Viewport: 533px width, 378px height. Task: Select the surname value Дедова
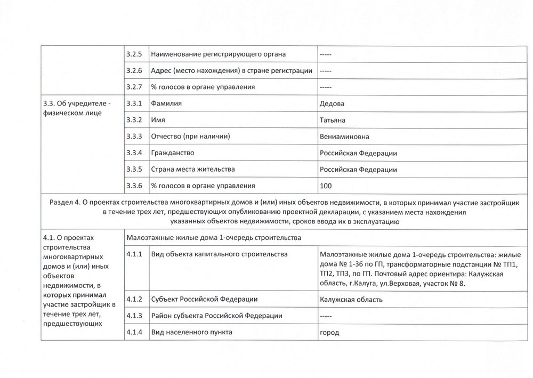point(332,103)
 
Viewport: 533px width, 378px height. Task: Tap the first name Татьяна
point(334,120)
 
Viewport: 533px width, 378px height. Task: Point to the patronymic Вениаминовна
point(344,137)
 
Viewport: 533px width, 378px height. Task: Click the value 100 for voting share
point(326,186)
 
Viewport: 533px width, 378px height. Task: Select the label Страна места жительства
point(193,170)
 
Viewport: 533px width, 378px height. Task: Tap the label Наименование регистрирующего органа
point(219,54)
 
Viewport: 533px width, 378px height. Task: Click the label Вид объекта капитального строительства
point(220,254)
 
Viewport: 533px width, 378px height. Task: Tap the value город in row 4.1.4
point(329,333)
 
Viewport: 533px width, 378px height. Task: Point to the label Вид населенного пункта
point(192,333)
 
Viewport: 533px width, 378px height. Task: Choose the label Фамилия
point(167,103)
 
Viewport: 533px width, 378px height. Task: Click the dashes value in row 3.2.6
point(326,70)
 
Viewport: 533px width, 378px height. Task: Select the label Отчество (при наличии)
point(191,137)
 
